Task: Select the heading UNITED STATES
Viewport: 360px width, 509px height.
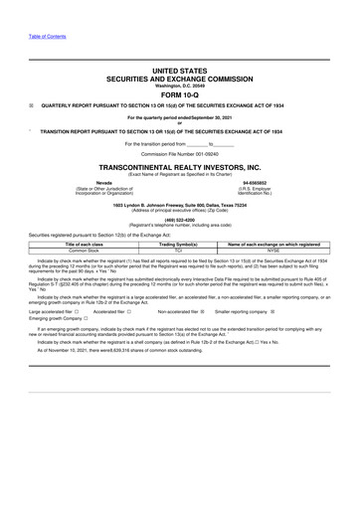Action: (x=180, y=72)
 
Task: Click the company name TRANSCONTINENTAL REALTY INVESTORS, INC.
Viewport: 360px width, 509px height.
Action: (x=180, y=168)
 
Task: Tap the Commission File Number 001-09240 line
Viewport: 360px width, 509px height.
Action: (x=180, y=155)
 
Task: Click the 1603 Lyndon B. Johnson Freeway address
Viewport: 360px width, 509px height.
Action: (x=180, y=204)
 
